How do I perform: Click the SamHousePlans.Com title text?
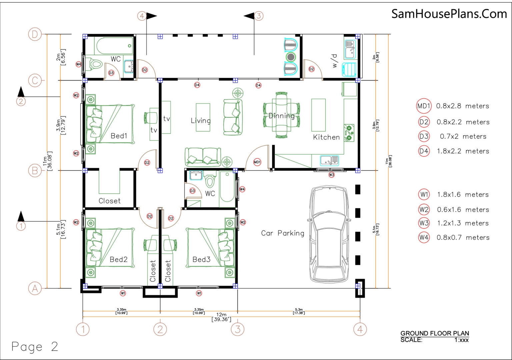(x=449, y=14)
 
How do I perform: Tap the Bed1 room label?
(x=119, y=136)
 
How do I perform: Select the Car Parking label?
(x=282, y=233)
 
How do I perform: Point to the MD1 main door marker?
(x=257, y=162)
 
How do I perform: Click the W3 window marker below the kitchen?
(x=331, y=175)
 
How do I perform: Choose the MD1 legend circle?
(x=424, y=106)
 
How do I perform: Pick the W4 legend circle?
(x=424, y=238)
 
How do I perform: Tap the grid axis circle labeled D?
(x=35, y=34)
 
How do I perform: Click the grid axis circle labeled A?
(x=35, y=288)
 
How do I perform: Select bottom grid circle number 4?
(x=360, y=329)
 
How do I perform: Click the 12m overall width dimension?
(x=221, y=317)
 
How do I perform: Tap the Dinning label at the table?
(x=282, y=116)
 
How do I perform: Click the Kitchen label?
(x=326, y=137)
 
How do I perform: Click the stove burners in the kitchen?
(x=349, y=133)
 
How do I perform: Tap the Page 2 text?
(x=35, y=347)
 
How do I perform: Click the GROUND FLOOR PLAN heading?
(x=435, y=333)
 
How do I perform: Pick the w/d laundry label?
(x=334, y=61)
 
